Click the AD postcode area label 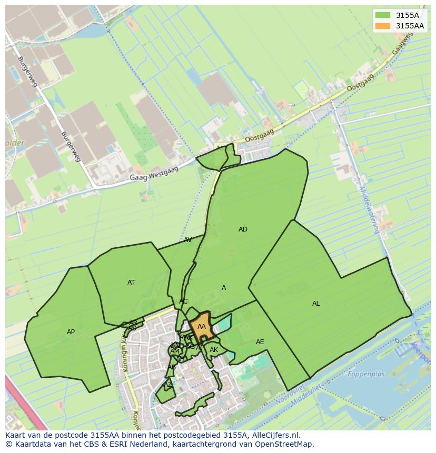point(243,229)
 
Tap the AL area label point(316,304)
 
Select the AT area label point(131,283)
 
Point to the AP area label point(71,332)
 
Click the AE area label point(260,342)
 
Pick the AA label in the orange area point(202,327)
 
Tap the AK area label point(214,350)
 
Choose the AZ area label point(168,385)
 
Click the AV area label point(188,240)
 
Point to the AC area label point(183,301)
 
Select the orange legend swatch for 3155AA point(382,26)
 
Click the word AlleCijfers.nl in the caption point(274,435)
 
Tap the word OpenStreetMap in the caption point(284,444)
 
